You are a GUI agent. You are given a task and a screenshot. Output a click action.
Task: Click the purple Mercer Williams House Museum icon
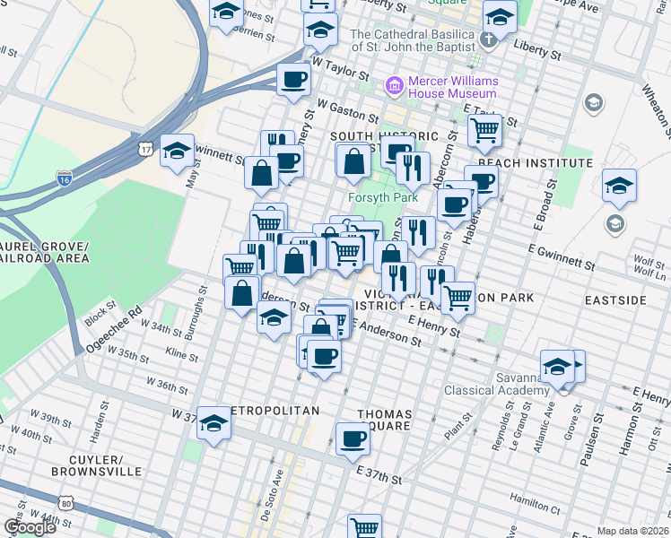pos(394,86)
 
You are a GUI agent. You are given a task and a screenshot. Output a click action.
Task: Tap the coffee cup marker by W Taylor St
pos(293,80)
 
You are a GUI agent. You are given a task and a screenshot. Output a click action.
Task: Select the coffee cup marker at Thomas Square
pos(353,438)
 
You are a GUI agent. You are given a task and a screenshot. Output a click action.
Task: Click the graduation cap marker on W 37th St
pos(214,422)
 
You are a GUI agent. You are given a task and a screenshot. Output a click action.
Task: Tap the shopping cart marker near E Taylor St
pos(484,130)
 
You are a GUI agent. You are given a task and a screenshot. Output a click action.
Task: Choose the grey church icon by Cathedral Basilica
pos(488,39)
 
